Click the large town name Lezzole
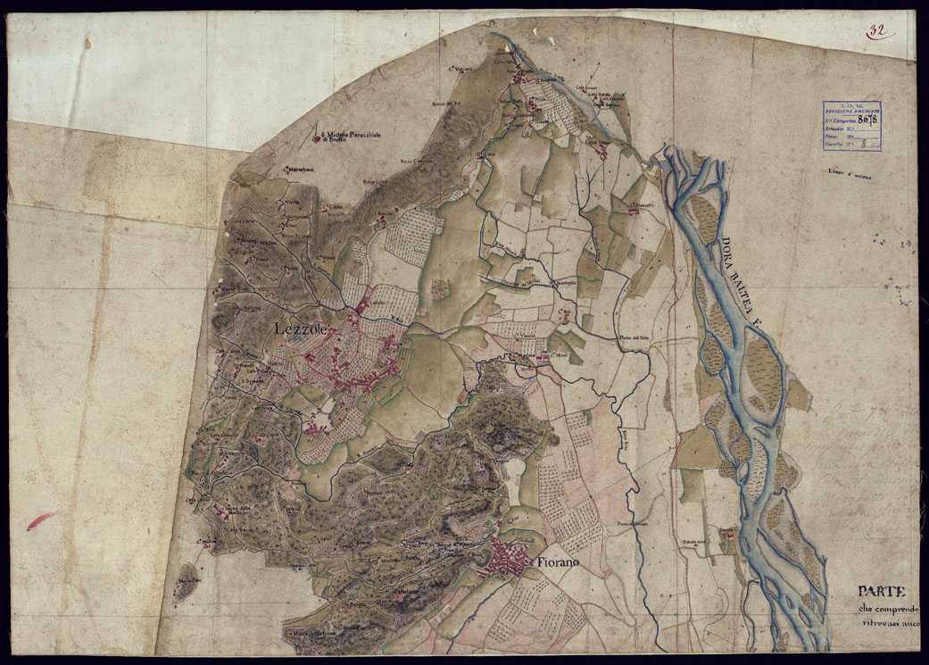coord(303,329)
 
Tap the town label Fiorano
coord(559,562)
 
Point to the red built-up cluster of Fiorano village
coord(505,562)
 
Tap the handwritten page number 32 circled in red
coord(879,30)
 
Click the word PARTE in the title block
coord(882,591)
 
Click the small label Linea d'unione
coord(848,174)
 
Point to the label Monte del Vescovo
coord(308,635)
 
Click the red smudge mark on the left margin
coord(40,520)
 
